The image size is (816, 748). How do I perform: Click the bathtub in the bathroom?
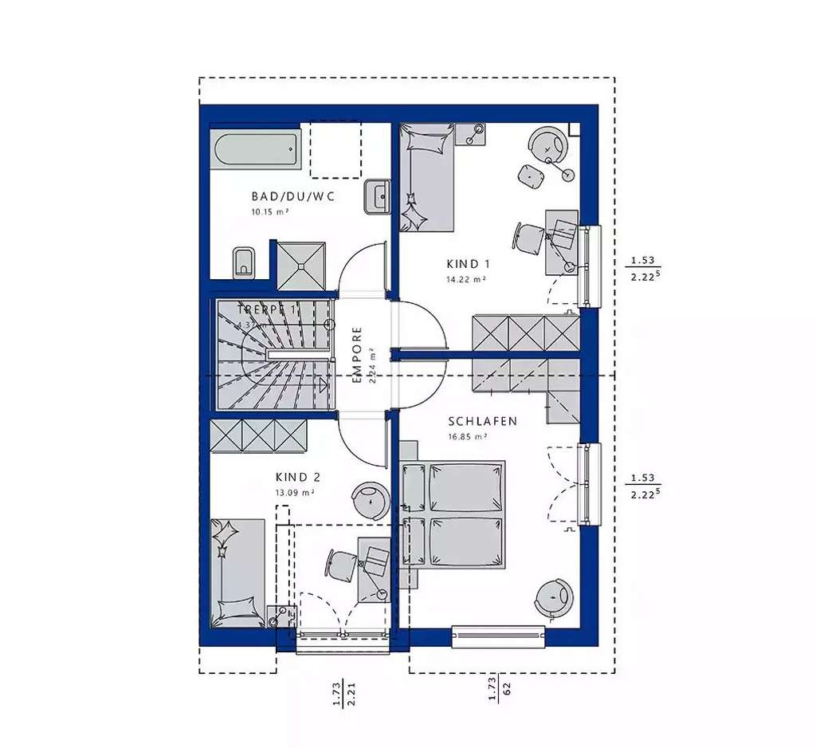(x=256, y=149)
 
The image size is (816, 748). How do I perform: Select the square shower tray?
(x=301, y=265)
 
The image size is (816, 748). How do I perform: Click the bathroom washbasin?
(x=377, y=196)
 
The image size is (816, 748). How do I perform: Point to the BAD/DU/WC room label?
(x=281, y=195)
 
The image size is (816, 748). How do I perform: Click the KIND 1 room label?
(x=469, y=264)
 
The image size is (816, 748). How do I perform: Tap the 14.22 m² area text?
(x=466, y=280)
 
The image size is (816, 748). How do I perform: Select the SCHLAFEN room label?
(x=483, y=421)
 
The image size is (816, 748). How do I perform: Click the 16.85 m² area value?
(x=467, y=437)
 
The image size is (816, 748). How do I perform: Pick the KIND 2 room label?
(x=297, y=477)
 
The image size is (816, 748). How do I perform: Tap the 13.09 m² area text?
(x=294, y=493)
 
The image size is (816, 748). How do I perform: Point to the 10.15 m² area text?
(x=269, y=212)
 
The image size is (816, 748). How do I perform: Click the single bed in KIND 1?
(x=426, y=177)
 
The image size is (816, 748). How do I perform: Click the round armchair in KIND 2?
(x=371, y=500)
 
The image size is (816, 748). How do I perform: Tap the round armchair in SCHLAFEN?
(x=552, y=596)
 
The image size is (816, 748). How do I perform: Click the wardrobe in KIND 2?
(x=258, y=436)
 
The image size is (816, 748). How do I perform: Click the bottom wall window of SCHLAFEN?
(x=499, y=636)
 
